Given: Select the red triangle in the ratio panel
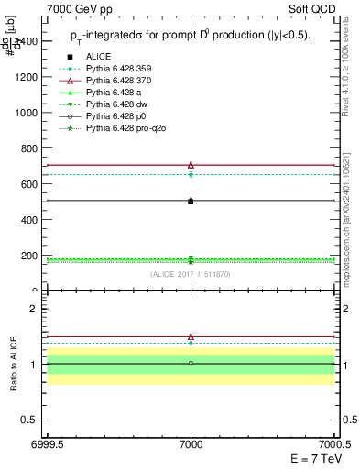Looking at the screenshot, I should tap(191, 337).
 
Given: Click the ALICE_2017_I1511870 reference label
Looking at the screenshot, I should tap(191, 274).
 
